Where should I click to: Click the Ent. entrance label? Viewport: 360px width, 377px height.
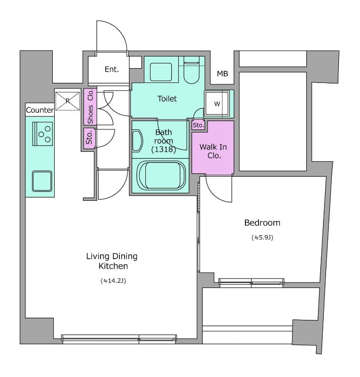pos(112,69)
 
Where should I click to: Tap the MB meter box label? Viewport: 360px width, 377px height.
pos(222,74)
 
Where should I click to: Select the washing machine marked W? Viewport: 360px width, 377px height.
pos(217,104)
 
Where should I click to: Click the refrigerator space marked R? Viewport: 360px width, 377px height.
pos(67,101)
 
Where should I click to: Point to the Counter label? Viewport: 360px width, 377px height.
pos(40,110)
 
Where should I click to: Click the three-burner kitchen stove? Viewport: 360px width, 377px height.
pos(42,134)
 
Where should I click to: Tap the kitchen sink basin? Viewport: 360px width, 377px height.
pos(42,181)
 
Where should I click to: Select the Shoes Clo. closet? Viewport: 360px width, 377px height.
pos(90,107)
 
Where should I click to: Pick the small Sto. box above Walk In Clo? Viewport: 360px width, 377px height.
pos(199,125)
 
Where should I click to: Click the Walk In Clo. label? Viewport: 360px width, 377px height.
pos(213,151)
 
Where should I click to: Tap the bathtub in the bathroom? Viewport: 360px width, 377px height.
pos(161,175)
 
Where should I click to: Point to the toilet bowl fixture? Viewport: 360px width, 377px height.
pos(192,70)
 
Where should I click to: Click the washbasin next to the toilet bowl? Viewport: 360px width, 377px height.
pos(161,72)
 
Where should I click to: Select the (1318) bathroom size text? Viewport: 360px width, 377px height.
pos(164,149)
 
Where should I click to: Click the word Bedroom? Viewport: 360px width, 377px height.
pos(262,222)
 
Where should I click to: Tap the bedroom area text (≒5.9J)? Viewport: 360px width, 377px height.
pos(262,238)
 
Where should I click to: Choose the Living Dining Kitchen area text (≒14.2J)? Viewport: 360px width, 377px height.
pos(113,280)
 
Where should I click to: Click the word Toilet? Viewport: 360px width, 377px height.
pos(167,98)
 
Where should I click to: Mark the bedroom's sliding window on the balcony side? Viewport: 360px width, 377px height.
pos(251,282)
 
